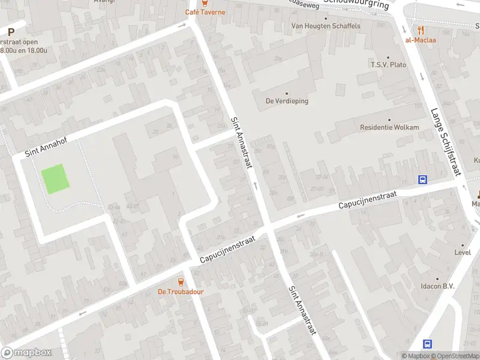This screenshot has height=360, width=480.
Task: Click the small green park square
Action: pos(54,179)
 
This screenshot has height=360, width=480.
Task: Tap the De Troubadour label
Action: pos(181,292)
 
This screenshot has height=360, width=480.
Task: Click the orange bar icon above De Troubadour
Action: pos(181,281)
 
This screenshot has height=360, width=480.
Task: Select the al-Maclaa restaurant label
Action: pos(421,40)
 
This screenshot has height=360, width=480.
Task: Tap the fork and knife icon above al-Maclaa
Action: pos(421,29)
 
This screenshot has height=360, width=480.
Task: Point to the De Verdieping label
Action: pos(287,101)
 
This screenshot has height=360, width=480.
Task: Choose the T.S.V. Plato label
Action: pos(388,65)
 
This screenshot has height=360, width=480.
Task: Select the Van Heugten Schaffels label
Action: pos(326,26)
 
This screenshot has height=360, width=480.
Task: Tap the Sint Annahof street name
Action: pos(46,148)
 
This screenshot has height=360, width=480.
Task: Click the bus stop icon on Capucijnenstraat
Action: pos(423,179)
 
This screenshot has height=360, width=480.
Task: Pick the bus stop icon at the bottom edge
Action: pos(428,344)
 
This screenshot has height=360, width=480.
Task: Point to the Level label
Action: pos(462,253)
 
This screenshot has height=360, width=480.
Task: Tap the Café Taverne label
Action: pos(205,12)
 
